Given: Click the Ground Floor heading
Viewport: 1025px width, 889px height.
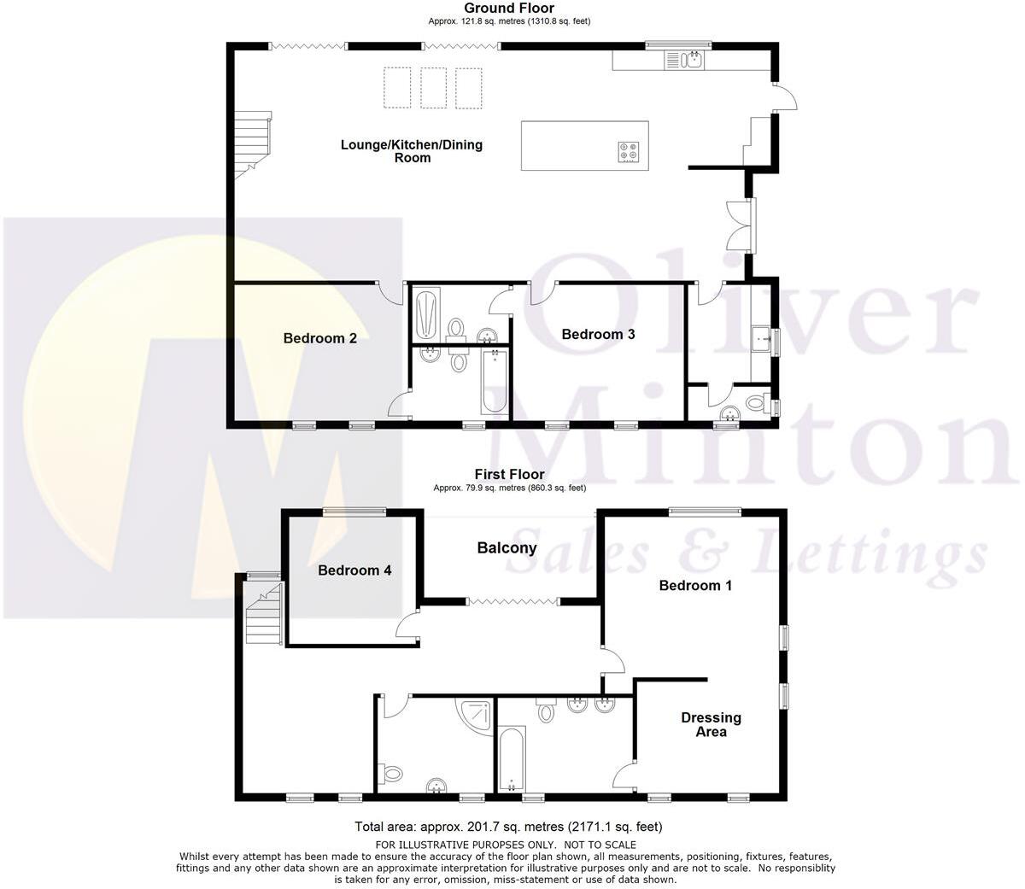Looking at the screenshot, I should (509, 9).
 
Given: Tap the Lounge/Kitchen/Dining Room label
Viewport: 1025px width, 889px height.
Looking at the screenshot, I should (412, 150).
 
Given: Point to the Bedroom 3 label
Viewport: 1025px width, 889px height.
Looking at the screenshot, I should (598, 334).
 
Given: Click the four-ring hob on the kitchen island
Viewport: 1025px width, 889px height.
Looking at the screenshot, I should (628, 152).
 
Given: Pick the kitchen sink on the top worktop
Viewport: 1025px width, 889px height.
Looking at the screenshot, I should (684, 59).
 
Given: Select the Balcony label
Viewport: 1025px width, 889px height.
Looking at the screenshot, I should (507, 547).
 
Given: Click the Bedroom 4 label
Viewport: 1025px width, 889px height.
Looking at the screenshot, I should (354, 570).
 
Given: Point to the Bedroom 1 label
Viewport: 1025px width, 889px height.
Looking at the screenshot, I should (695, 585).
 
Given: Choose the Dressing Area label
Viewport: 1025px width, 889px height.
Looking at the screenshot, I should (711, 724).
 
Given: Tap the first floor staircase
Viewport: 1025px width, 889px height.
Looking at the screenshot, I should (263, 613).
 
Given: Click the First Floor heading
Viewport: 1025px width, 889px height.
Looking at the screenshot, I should (509, 474).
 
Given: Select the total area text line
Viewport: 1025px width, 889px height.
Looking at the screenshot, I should (508, 827).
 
